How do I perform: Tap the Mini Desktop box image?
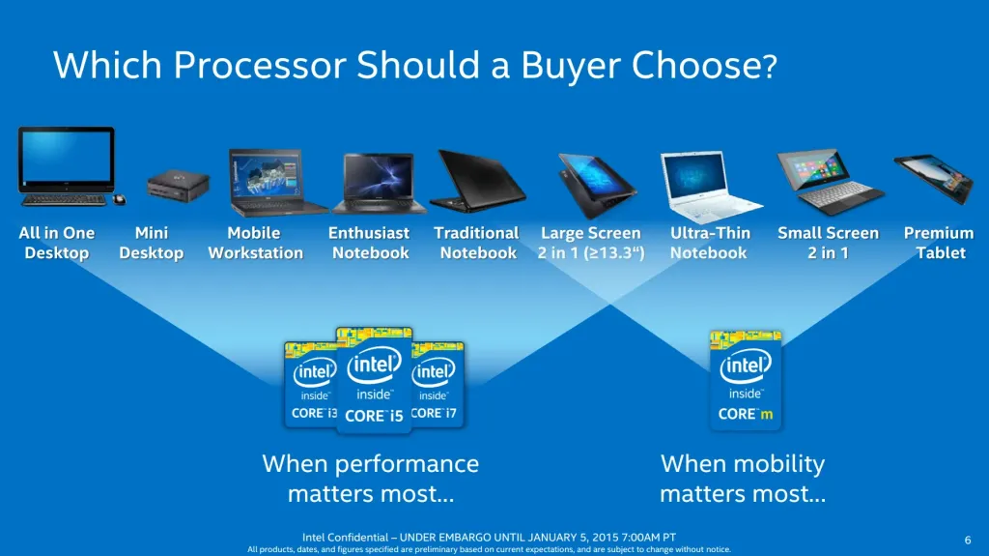point(178,184)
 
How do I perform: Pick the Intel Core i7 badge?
point(437,383)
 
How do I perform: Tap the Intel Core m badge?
point(746,380)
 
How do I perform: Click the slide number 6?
point(968,539)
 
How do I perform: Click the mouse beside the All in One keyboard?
point(120,199)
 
